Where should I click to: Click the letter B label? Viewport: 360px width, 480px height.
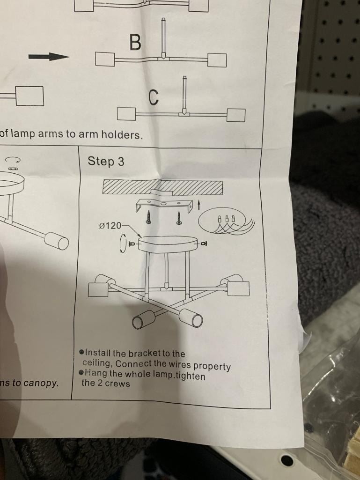tap(135, 42)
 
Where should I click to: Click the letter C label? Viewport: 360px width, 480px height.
tap(154, 97)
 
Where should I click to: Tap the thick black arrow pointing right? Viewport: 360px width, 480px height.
tap(49, 57)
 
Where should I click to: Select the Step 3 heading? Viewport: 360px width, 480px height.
tap(106, 161)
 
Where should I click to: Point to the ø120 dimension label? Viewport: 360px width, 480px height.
tap(110, 226)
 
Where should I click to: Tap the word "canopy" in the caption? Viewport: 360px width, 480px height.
tap(41, 383)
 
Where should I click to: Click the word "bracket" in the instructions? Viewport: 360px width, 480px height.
tap(145, 354)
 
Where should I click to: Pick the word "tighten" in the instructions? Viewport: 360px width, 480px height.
tap(191, 376)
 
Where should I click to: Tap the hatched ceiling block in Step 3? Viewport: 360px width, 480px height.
tap(163, 187)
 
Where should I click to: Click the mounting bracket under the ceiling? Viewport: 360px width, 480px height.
tap(164, 204)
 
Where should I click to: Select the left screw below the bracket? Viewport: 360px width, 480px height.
tap(148, 217)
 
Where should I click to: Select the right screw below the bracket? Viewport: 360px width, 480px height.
tap(178, 217)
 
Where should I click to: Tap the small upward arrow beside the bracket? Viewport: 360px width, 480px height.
tap(199, 205)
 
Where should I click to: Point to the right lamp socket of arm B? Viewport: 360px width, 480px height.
tap(217, 60)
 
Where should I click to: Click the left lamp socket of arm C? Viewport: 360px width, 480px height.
tap(126, 114)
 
